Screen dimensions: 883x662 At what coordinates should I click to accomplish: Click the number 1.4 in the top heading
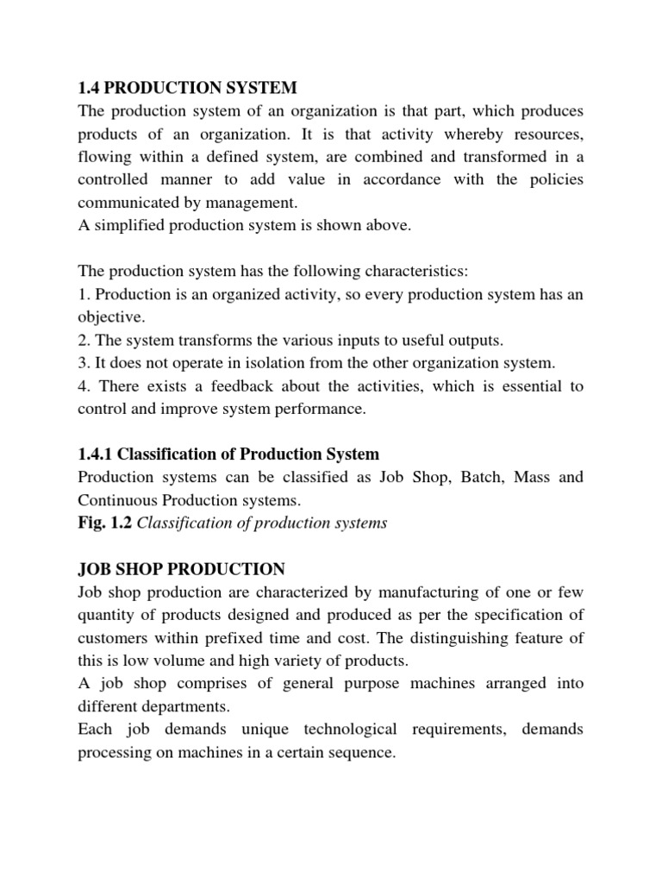click(x=90, y=88)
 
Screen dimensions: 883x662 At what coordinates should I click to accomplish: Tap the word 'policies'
click(x=550, y=178)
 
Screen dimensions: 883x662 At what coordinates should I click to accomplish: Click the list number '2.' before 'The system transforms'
click(x=84, y=340)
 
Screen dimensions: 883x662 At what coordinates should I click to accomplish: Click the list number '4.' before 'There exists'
click(x=84, y=386)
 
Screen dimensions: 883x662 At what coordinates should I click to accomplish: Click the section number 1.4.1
click(x=97, y=454)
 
